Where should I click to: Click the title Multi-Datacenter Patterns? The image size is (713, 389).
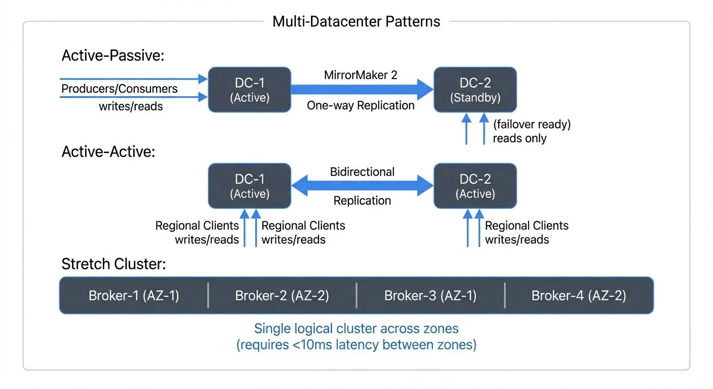click(356, 21)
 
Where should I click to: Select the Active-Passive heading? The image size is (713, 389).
click(112, 56)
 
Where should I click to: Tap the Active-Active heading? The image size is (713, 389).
click(108, 151)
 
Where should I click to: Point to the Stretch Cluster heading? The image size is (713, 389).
click(113, 264)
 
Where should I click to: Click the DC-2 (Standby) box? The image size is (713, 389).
click(475, 90)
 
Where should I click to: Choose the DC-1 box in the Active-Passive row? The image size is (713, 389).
click(250, 90)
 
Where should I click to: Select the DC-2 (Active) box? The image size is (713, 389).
click(475, 186)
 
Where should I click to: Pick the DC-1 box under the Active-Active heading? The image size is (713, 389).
click(250, 186)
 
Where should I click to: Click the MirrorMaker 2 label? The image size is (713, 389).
click(361, 75)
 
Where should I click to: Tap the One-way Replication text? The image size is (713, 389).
click(361, 105)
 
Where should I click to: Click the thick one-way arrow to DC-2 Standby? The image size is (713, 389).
click(362, 90)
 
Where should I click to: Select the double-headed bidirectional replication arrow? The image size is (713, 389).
click(362, 186)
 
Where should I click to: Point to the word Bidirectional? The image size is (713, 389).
click(362, 172)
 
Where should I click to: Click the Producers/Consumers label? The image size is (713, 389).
click(120, 89)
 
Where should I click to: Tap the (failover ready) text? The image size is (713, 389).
click(532, 124)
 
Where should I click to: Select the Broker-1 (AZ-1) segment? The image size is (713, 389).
click(134, 296)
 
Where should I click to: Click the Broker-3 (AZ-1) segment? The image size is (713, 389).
click(430, 296)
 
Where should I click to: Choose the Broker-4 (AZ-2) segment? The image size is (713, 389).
click(579, 296)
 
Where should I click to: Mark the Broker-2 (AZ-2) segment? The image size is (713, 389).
click(282, 296)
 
